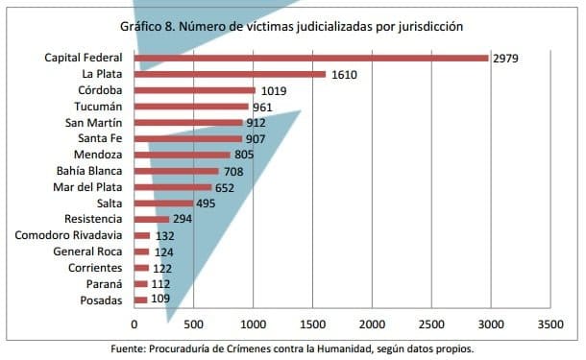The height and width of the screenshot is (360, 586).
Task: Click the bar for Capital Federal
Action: coord(312,58)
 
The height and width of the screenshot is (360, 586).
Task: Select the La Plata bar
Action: coord(231,74)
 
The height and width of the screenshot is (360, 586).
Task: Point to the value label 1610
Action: coord(344,75)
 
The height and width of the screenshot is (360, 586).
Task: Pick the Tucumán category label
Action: coord(99,107)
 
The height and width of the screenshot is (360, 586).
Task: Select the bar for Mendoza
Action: coord(183,155)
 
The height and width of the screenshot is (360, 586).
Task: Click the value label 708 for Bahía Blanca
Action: coord(234,171)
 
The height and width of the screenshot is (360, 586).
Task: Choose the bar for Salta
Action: coord(164,204)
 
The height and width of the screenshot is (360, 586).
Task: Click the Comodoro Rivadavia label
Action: coord(68,235)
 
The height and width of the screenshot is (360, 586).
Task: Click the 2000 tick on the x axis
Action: coord(372,324)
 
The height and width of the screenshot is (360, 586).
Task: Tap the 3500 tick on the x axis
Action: coord(550,324)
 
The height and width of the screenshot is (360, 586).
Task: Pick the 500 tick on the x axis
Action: coord(194,324)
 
